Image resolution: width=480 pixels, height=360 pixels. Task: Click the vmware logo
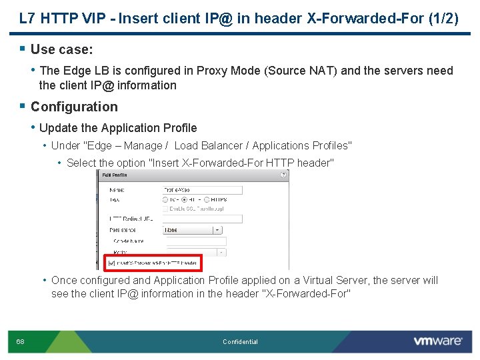[437, 341]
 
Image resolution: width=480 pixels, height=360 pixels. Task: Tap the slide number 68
[21, 342]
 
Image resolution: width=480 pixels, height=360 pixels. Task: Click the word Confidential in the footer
[240, 342]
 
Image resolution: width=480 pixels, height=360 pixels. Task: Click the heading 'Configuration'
[74, 107]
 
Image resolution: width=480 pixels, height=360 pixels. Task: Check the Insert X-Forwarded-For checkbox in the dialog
[111, 263]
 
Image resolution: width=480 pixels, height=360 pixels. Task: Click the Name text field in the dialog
[202, 189]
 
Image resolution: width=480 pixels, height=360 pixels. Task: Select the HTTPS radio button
[208, 199]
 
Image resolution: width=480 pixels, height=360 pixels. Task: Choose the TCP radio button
[166, 199]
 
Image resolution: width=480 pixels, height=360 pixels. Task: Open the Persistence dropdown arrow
[217, 229]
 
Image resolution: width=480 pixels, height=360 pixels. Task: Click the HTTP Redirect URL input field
[202, 219]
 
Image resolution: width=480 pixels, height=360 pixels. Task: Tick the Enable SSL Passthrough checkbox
[166, 209]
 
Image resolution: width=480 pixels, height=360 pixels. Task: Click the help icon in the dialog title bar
[285, 175]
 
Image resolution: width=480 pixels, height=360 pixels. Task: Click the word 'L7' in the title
[27, 19]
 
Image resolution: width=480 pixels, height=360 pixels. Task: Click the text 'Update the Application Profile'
[118, 128]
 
